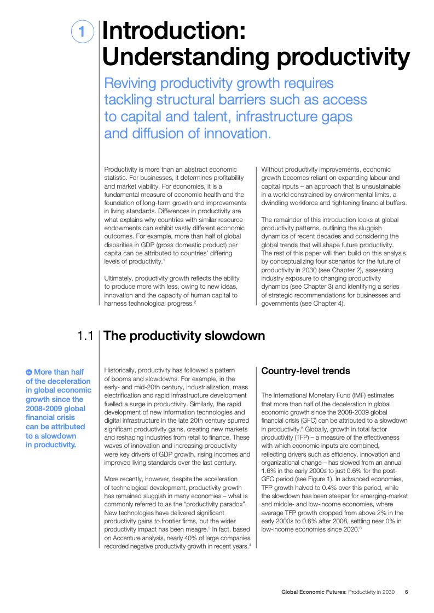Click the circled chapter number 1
[x=82, y=32]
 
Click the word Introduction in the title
[x=173, y=31]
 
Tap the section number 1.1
[x=87, y=336]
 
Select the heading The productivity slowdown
[x=184, y=336]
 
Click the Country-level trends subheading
[x=305, y=371]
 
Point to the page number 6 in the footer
[x=407, y=592]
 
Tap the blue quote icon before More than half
[x=29, y=372]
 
